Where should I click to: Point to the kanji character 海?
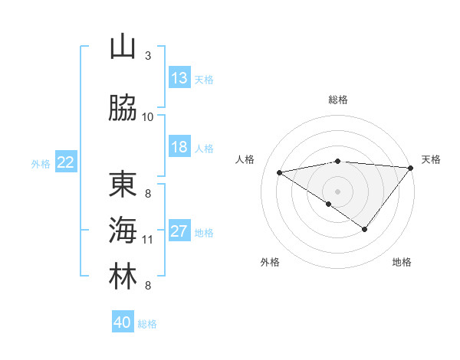pyautogui.click(x=123, y=231)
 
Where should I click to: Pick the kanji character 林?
pyautogui.click(x=123, y=277)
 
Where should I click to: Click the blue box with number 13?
pyautogui.click(x=179, y=78)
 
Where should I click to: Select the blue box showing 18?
pyautogui.click(x=179, y=147)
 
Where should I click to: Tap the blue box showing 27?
pyautogui.click(x=179, y=231)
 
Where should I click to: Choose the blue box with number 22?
pyautogui.click(x=66, y=162)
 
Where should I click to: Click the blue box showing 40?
pyautogui.click(x=123, y=322)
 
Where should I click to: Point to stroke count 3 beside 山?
pyautogui.click(x=148, y=56)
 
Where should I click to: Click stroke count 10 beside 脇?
pyautogui.click(x=148, y=117)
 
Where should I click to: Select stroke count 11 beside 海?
pyautogui.click(x=148, y=240)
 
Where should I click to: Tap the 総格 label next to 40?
pyautogui.click(x=148, y=324)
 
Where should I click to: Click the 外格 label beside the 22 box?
pyautogui.click(x=41, y=163)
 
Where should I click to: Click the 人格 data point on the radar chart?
pyautogui.click(x=280, y=172)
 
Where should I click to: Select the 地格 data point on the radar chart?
pyautogui.click(x=365, y=229)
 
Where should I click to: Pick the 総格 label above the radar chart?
pyautogui.click(x=338, y=100)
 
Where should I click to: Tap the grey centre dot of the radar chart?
pyautogui.click(x=337, y=191)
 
